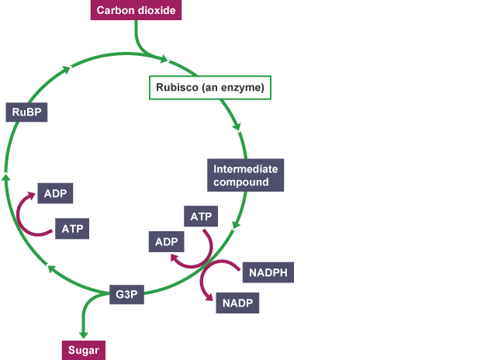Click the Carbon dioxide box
coord(137,11)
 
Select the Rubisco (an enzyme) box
coord(210,88)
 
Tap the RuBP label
coord(26,112)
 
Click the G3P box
coord(126,296)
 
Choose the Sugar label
coord(82,349)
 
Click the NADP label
coord(238,303)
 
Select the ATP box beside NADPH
coord(201,216)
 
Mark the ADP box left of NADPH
coord(167,242)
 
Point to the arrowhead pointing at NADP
coord(210,297)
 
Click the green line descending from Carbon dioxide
coord(139,39)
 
